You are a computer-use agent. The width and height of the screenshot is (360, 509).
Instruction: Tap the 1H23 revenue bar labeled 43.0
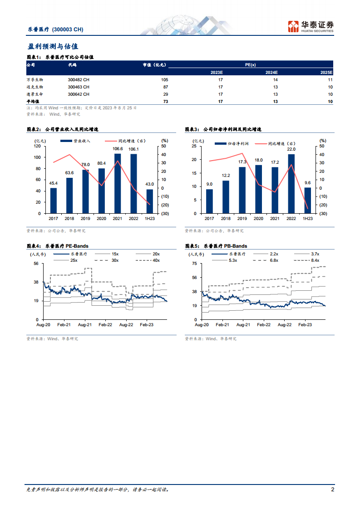(x=150, y=201)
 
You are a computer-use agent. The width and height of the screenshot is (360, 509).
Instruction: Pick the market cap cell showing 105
(x=164, y=79)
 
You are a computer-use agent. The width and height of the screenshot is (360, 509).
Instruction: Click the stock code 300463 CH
(x=79, y=87)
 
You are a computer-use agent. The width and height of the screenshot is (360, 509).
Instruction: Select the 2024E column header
(x=271, y=73)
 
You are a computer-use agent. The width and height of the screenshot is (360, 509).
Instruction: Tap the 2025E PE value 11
(x=330, y=79)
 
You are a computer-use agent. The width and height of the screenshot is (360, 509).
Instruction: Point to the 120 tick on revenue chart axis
(x=37, y=146)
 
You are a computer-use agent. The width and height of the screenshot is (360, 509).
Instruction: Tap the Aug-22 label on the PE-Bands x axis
(x=126, y=325)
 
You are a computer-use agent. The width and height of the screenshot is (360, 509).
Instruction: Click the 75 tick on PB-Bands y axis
(x=194, y=264)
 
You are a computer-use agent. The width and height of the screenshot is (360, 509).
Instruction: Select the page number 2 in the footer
(x=333, y=489)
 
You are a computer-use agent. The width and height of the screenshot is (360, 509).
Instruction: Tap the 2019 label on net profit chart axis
(x=242, y=219)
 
